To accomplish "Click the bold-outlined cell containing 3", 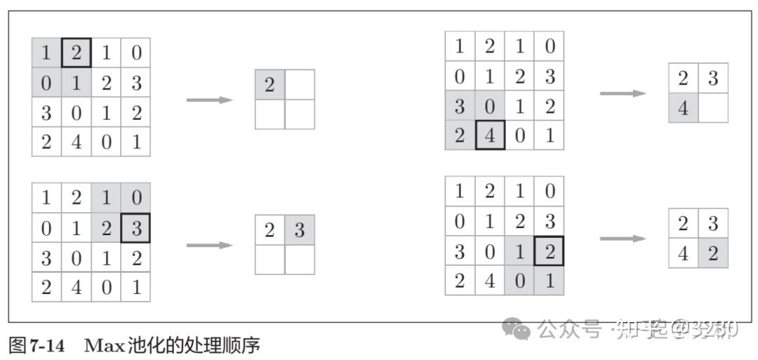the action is [135, 228].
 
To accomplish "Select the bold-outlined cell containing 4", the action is [490, 135].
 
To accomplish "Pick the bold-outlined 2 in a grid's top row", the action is [77, 53].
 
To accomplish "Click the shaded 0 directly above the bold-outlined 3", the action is [135, 198].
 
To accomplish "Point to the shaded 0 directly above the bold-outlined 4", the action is [490, 106].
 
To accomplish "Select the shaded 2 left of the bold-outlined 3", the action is [106, 228].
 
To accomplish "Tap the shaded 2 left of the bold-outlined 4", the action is [460, 135].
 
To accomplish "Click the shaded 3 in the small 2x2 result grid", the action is [300, 230].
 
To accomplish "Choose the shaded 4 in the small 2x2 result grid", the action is [683, 109].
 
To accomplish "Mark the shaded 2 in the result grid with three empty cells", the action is [270, 84].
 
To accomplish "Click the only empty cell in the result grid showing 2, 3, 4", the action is [713, 109].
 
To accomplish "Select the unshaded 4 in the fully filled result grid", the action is [683, 253].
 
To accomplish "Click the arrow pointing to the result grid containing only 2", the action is [208, 100].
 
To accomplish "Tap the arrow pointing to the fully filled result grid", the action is [622, 239].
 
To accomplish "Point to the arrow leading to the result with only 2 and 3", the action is [208, 245].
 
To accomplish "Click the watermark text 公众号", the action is [569, 328].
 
